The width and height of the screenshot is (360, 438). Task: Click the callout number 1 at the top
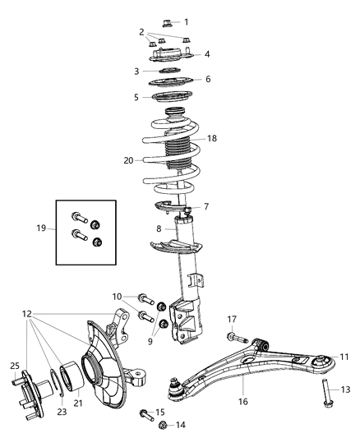(186, 22)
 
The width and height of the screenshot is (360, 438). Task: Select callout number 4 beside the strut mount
(207, 54)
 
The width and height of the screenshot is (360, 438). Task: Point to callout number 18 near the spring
(212, 139)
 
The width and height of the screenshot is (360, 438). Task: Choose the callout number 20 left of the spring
(128, 161)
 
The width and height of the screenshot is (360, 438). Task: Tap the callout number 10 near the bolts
(118, 296)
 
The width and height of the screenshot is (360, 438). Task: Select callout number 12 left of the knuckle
(27, 314)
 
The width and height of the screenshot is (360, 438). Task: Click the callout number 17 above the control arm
(233, 319)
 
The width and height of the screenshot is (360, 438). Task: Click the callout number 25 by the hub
(15, 366)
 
